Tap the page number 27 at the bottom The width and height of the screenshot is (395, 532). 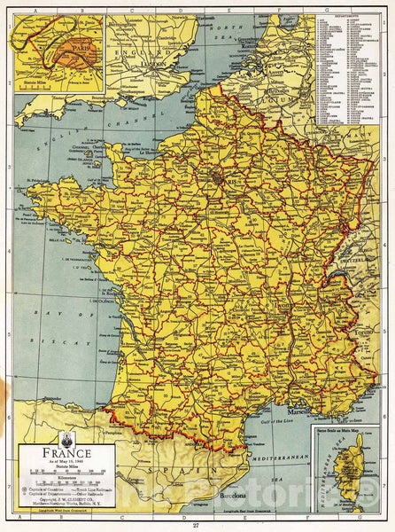pyautogui.click(x=197, y=525)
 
